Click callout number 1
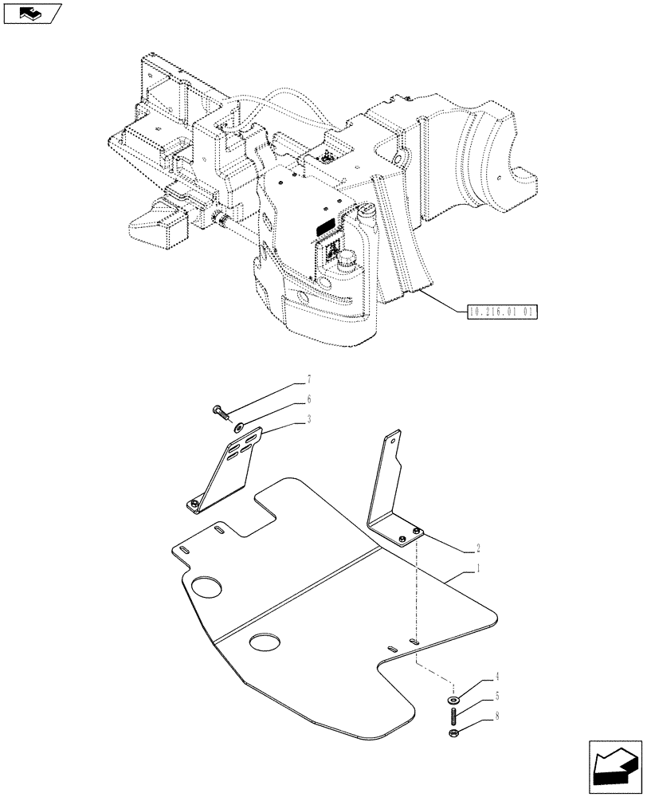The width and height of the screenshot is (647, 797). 478,569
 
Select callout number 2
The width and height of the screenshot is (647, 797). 477,548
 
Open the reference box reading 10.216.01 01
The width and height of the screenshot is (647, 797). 500,311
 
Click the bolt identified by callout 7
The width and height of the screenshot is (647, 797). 220,411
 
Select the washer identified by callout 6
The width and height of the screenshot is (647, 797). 237,429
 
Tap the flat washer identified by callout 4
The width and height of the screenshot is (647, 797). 453,699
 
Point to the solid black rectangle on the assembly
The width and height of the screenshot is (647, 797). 326,229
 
